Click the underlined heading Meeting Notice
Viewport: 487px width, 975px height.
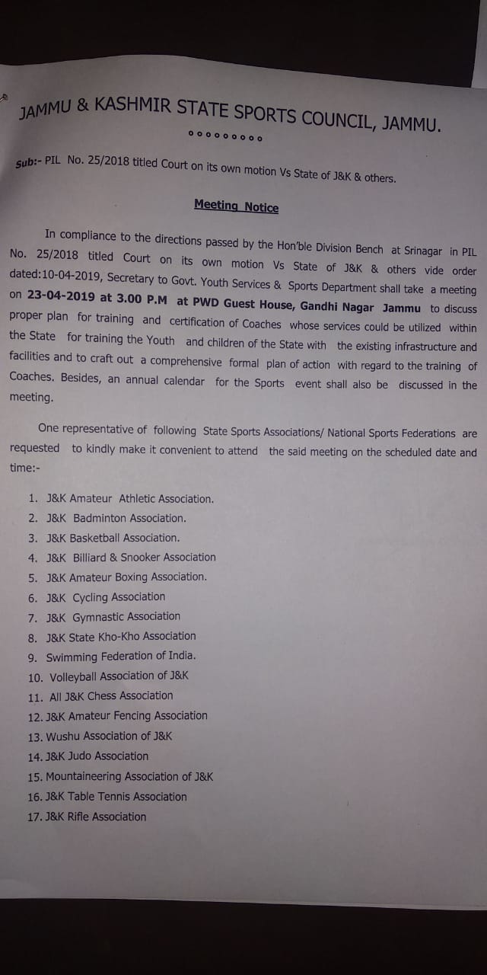point(236,206)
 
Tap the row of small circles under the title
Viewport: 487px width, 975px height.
point(225,139)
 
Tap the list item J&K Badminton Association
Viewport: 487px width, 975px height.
point(116,518)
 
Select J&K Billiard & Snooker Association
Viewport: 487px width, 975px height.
point(131,558)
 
